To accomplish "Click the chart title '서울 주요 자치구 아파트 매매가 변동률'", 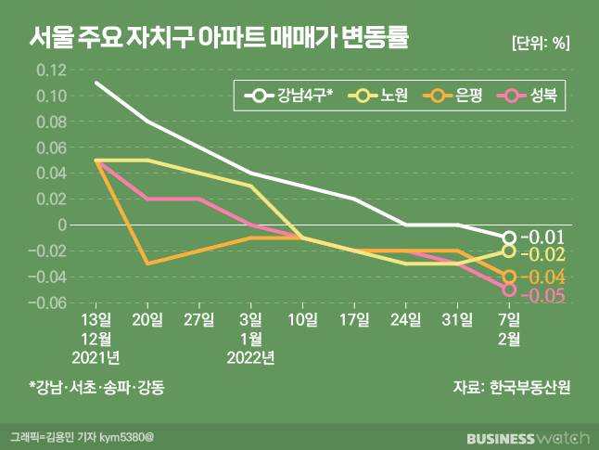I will click(x=220, y=39).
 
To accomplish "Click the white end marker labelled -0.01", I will click(x=509, y=238).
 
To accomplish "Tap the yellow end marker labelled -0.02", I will click(x=509, y=251).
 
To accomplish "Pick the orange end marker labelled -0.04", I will click(x=509, y=276).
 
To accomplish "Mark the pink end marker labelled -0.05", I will click(x=509, y=289).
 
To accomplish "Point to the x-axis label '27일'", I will click(x=199, y=319).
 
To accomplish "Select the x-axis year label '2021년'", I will click(x=97, y=356).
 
